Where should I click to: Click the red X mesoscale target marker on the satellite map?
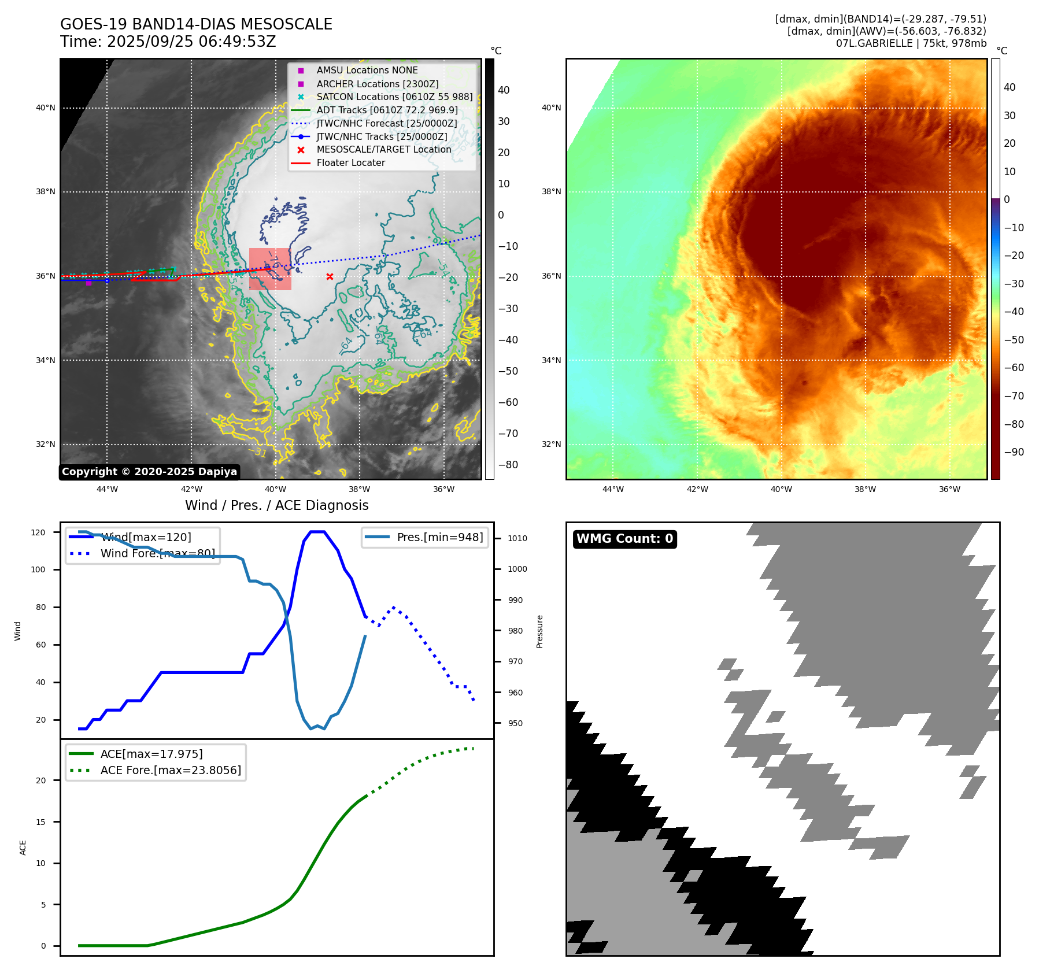point(330,276)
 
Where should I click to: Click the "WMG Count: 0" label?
point(624,539)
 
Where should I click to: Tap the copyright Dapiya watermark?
point(149,472)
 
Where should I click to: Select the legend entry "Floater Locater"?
point(350,163)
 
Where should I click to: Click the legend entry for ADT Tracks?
point(387,110)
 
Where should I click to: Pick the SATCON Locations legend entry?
point(394,97)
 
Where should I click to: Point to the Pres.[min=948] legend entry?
point(439,537)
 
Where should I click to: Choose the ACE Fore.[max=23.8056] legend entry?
point(171,770)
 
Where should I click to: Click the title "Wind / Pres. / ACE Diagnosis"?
point(276,505)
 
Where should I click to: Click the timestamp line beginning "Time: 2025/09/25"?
point(168,42)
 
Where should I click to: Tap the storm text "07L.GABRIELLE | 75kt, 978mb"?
point(911,43)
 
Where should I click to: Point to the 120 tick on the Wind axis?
point(38,532)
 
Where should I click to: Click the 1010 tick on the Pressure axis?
point(517,538)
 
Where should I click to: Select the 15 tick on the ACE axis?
point(40,822)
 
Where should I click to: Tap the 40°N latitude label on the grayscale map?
point(46,108)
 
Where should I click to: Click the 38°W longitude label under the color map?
point(865,489)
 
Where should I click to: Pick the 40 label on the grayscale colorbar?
point(504,90)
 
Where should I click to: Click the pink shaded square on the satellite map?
point(270,269)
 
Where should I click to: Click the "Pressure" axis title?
point(539,631)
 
